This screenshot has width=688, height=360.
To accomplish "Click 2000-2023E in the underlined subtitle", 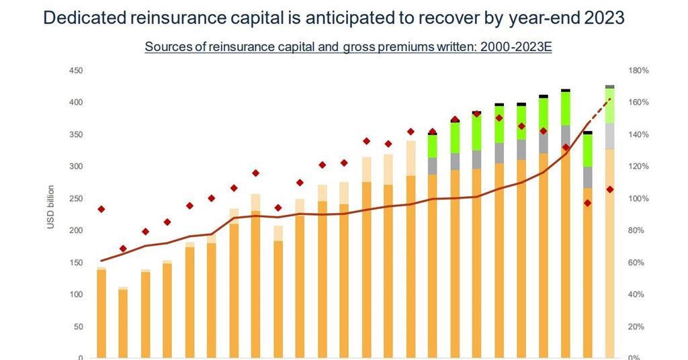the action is [x=516, y=46].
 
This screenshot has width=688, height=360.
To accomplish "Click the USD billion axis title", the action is [x=51, y=206].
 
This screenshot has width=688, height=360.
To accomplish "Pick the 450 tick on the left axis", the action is [x=76, y=70].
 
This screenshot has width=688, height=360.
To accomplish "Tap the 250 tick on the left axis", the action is [x=76, y=198].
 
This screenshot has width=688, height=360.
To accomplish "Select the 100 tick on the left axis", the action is [x=76, y=294].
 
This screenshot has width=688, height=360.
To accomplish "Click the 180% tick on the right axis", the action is [x=638, y=70].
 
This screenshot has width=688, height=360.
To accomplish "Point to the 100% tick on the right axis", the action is [x=638, y=198].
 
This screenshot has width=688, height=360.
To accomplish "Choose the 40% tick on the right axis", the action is [x=636, y=294].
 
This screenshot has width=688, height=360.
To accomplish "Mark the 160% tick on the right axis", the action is [x=638, y=102].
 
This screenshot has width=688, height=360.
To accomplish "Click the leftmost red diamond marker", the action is [x=101, y=209].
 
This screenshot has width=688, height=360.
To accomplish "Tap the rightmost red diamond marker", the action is [x=610, y=189].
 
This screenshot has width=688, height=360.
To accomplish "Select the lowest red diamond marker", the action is [x=123, y=249].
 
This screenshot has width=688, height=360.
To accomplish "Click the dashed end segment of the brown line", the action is [x=599, y=111].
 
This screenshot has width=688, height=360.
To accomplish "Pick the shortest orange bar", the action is [x=124, y=324].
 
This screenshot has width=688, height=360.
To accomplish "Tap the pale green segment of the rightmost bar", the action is [x=610, y=105].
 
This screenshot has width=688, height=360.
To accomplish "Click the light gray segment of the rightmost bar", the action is [x=610, y=136].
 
